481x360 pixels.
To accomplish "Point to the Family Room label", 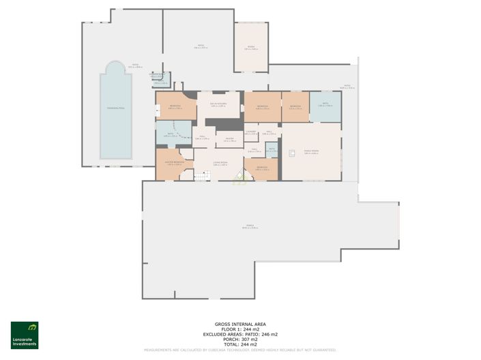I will [x=311, y=152].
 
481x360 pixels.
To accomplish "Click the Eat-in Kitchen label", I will [x=218, y=106].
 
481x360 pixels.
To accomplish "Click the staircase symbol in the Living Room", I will [x=201, y=175].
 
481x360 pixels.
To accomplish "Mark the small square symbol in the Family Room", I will [x=292, y=154].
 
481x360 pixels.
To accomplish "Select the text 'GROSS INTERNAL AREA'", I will [x=240, y=324].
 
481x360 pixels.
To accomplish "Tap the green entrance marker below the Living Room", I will [x=240, y=179].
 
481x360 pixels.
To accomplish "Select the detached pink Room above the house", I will [x=251, y=47].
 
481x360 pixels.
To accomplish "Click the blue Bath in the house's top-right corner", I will [x=325, y=106].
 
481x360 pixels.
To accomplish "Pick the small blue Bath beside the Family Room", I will [x=271, y=150].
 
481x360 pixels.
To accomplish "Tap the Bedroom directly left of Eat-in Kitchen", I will [x=175, y=106].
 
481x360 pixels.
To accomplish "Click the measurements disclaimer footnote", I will [x=240, y=350].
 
